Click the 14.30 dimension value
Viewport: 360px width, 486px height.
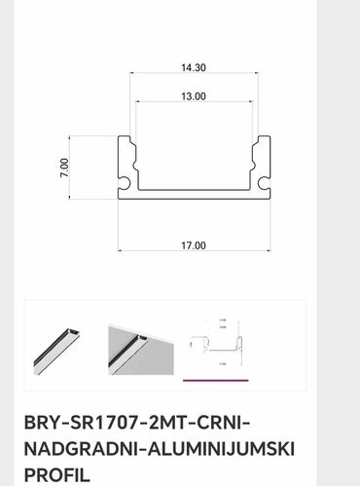(x=193, y=69)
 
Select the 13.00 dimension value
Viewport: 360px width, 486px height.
(x=193, y=96)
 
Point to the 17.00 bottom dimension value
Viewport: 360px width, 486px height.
(x=193, y=245)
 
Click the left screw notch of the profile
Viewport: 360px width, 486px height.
(x=126, y=182)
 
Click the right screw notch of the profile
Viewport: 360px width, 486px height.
(x=262, y=182)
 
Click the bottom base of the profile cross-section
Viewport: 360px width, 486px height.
(x=193, y=198)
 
